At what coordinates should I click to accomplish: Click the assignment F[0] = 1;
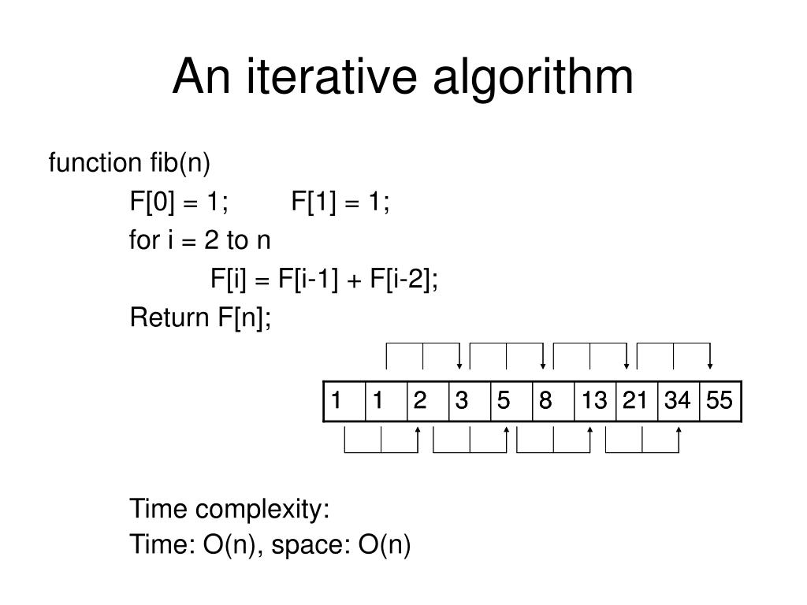180,203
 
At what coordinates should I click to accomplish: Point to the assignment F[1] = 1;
340,203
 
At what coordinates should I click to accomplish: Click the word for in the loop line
144,240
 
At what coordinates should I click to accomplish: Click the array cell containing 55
720,402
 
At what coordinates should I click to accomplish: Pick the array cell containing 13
595,402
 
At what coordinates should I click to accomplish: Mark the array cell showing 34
678,402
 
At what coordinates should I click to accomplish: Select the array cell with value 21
635,402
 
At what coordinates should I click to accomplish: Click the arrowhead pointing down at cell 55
711,365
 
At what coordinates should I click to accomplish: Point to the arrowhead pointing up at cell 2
418,431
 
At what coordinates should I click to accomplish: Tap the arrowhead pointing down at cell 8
544,365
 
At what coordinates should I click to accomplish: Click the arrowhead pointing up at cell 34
679,431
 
